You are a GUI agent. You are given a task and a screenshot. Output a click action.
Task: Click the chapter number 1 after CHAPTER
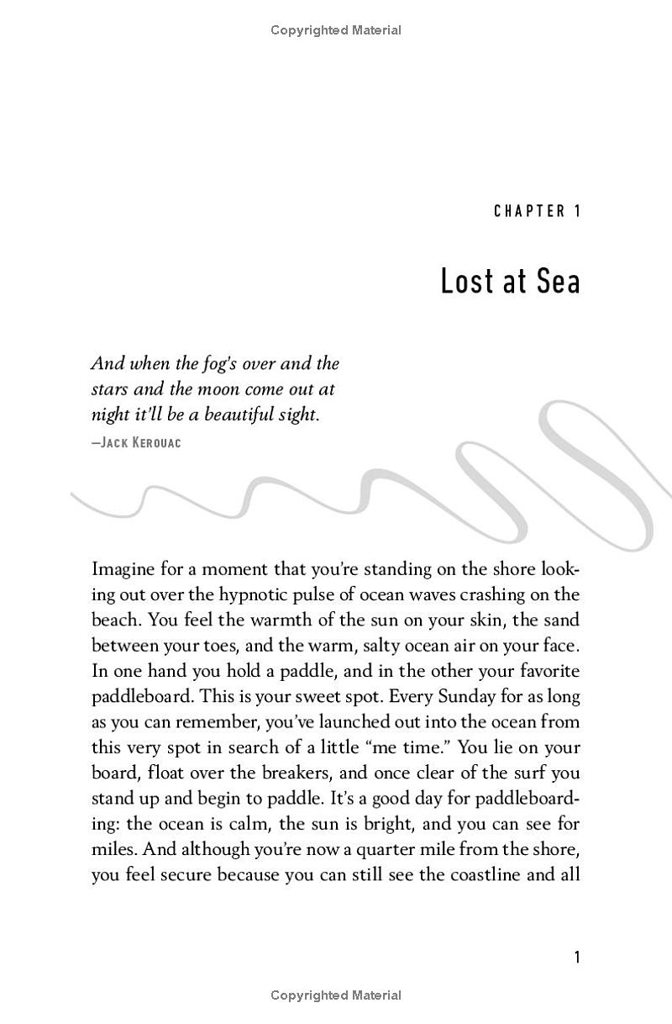pos(576,211)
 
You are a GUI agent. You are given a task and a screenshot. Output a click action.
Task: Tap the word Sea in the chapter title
pos(554,282)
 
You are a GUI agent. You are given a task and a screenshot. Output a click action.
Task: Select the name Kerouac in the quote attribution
pos(155,442)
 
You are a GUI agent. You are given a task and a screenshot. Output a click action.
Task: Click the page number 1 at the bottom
pos(576,958)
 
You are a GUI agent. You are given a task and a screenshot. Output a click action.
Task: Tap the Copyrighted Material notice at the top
pos(336,30)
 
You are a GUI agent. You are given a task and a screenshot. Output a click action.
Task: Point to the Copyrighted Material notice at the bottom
pos(336,995)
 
